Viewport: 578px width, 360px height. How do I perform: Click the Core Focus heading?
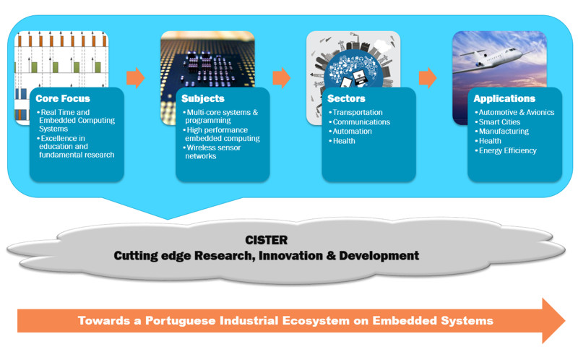[x=63, y=98]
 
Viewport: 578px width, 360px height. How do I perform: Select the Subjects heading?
[x=203, y=98]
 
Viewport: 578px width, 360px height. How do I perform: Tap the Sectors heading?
[x=346, y=98]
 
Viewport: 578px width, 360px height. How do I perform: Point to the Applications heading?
[x=504, y=98]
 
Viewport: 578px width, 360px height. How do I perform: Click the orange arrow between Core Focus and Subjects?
[x=136, y=78]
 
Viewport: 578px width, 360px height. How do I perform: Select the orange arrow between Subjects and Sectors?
[x=282, y=78]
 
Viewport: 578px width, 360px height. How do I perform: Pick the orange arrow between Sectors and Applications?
[x=428, y=78]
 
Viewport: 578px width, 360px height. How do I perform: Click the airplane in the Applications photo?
[x=491, y=59]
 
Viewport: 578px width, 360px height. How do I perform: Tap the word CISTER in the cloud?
[x=266, y=240]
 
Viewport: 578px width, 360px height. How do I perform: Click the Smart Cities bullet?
[x=498, y=122]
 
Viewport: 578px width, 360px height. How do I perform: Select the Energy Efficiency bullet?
[x=505, y=150]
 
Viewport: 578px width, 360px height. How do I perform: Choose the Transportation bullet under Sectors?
[x=355, y=113]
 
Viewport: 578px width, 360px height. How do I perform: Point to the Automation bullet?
[x=350, y=132]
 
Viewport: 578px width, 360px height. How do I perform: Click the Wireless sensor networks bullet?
[x=212, y=152]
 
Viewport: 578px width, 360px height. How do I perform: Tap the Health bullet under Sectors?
[x=342, y=141]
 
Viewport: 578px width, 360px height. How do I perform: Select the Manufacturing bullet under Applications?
[x=502, y=132]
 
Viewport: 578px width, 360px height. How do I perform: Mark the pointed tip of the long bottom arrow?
[x=565, y=320]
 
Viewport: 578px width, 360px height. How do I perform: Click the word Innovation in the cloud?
[x=290, y=256]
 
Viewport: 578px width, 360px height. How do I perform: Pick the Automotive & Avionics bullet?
[x=514, y=113]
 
